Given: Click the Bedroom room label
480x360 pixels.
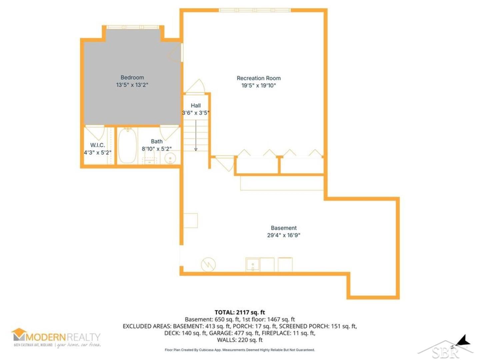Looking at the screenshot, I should pyautogui.click(x=132, y=77).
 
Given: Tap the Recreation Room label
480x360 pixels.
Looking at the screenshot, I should pyautogui.click(x=259, y=78).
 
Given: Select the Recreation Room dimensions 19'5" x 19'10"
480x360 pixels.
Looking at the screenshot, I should pyautogui.click(x=259, y=86).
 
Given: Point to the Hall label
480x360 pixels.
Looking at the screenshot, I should pyautogui.click(x=196, y=105).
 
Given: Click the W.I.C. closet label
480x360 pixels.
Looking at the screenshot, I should pyautogui.click(x=97, y=145).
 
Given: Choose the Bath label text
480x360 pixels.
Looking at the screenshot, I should pyautogui.click(x=157, y=141).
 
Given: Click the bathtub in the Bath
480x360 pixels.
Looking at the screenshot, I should pyautogui.click(x=127, y=146).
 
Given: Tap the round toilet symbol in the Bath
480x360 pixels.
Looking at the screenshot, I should pyautogui.click(x=170, y=158).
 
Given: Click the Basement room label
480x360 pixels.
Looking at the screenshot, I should pyautogui.click(x=284, y=228).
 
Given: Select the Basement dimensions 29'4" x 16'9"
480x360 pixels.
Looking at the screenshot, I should pyautogui.click(x=284, y=235).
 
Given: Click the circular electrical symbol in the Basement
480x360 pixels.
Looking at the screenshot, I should pyautogui.click(x=208, y=265).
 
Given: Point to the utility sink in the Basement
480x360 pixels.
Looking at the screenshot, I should pyautogui.click(x=253, y=265).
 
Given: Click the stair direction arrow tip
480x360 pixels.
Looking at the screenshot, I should pyautogui.click(x=196, y=149).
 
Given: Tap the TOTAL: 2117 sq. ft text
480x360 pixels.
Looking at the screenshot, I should pyautogui.click(x=240, y=312).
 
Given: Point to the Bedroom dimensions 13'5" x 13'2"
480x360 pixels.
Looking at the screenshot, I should pyautogui.click(x=132, y=85).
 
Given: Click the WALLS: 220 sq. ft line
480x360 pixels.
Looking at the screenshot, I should pyautogui.click(x=240, y=340).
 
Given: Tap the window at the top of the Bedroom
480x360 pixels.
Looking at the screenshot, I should pyautogui.click(x=133, y=27).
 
